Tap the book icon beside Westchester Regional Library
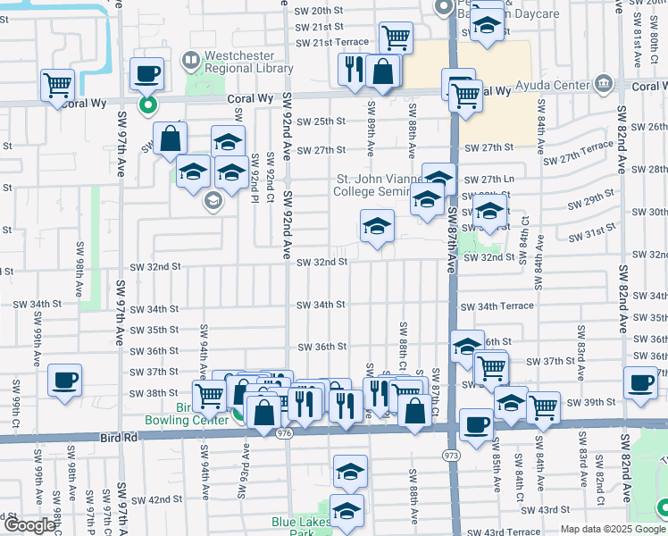tap(189, 61)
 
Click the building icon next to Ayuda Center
tap(605, 85)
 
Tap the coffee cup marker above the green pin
tap(147, 74)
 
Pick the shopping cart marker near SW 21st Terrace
tap(396, 38)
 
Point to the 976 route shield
tap(285, 433)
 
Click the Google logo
tap(29, 525)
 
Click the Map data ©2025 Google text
tap(613, 529)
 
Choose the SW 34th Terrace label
tap(497, 306)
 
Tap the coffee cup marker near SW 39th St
tap(640, 383)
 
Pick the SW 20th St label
tap(319, 10)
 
